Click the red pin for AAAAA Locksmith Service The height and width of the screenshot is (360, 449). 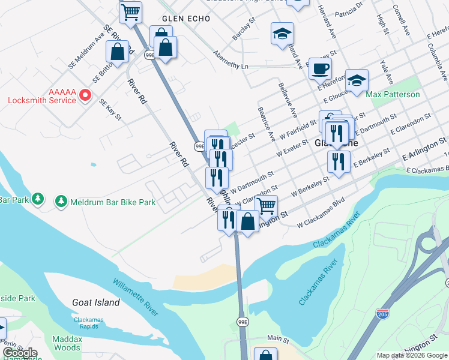pos(85,95)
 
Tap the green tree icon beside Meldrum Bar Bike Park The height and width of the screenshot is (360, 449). pos(61,202)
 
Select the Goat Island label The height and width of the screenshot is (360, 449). pos(96,303)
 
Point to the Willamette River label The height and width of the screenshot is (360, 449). pos(136,296)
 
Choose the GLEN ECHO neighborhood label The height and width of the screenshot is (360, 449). pos(185,19)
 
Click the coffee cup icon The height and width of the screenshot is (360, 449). pos(321,67)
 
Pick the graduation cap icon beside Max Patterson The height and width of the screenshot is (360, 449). pos(357,80)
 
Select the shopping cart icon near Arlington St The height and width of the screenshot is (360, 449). pos(266,205)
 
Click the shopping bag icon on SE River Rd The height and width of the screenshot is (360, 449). pos(118,51)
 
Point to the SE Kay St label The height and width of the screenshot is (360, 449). pos(110,110)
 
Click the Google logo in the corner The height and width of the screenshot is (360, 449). pos(20,353)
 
